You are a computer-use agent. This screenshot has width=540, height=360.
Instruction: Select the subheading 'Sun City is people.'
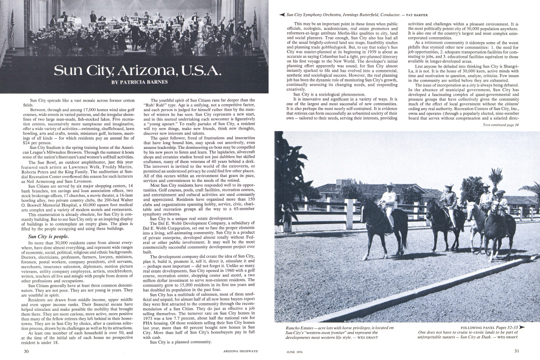(46, 236)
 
